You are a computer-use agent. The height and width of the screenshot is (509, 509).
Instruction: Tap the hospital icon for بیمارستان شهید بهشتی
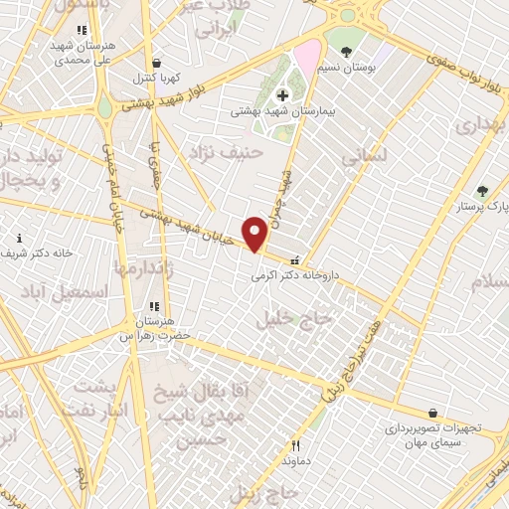[x=283, y=95]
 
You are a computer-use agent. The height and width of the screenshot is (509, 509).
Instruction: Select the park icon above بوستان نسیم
[x=345, y=51]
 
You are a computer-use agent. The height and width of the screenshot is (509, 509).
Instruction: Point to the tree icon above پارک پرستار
[x=482, y=191]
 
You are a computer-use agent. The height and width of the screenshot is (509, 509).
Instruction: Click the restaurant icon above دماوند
[x=295, y=445]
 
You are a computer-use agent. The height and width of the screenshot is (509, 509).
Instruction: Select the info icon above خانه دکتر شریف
[x=21, y=238]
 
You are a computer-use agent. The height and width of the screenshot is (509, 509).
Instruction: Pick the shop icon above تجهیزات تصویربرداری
[x=433, y=413]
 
